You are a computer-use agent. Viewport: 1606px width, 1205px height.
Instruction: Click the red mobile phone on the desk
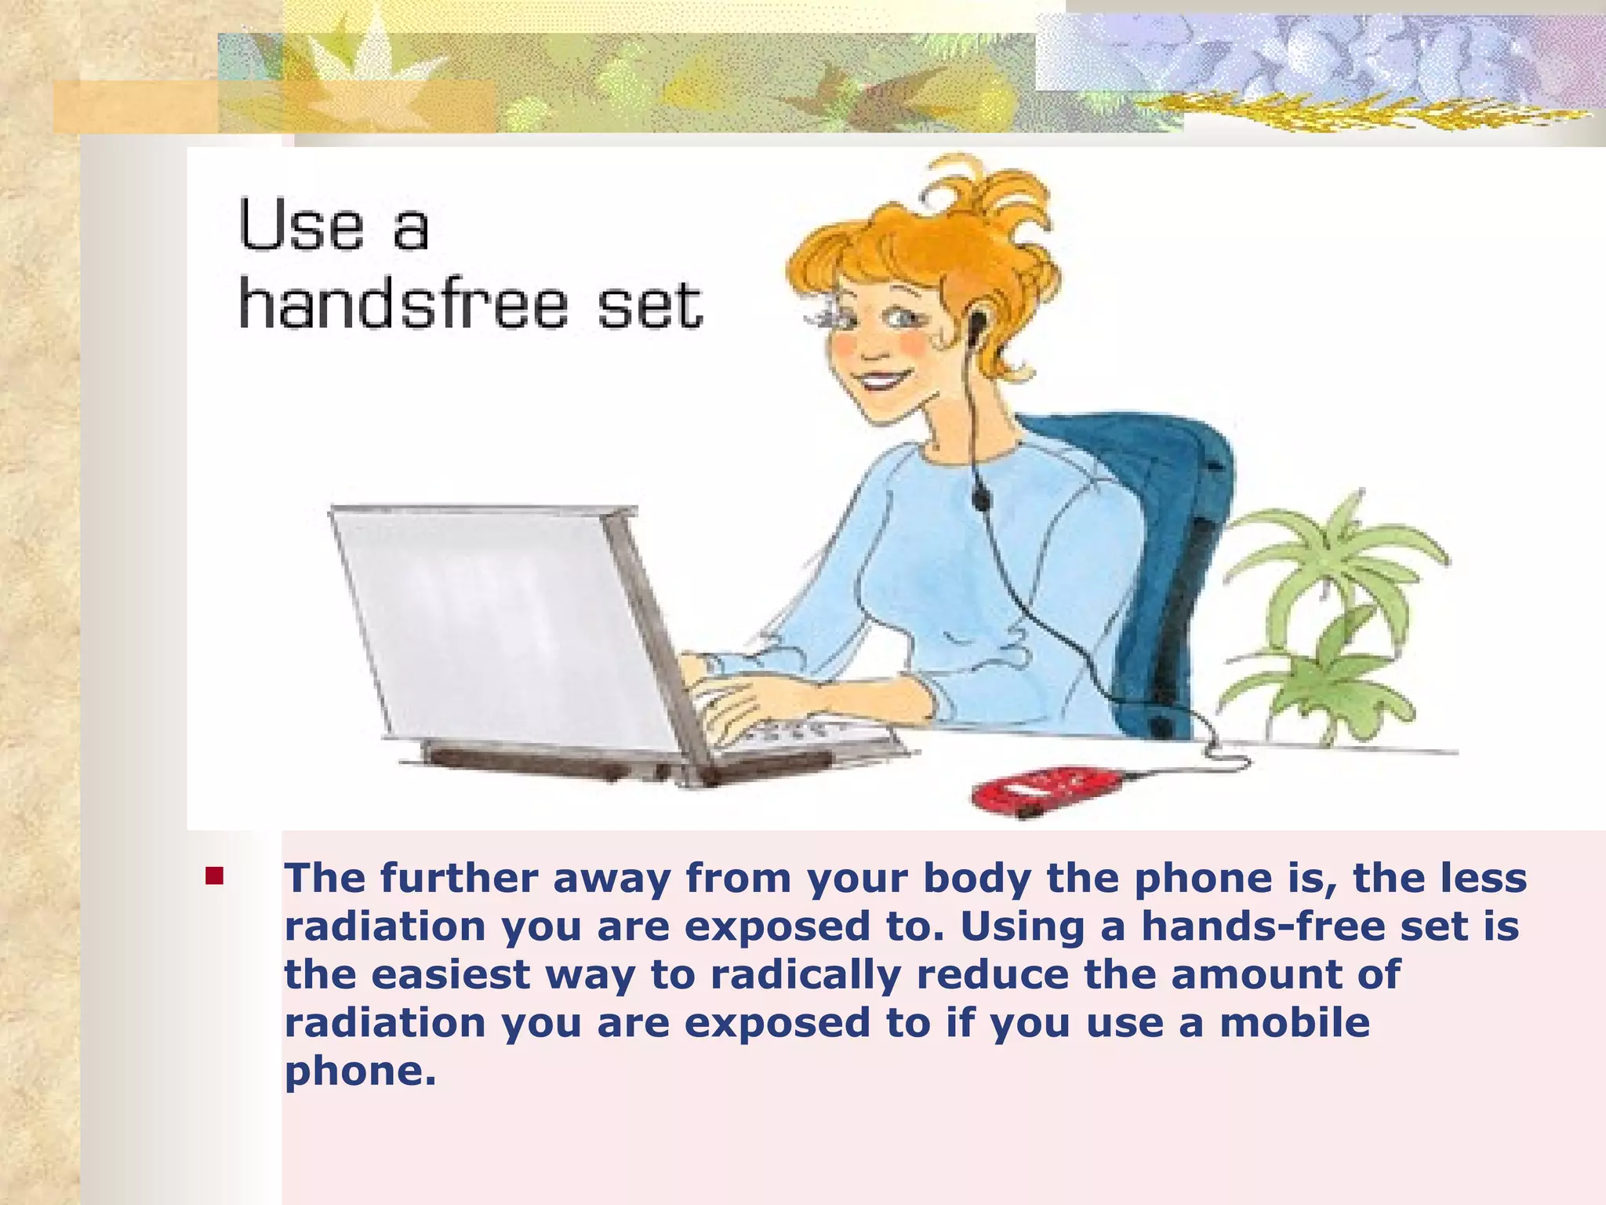click(x=1047, y=789)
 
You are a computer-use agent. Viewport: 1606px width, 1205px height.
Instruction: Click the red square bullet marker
click(x=214, y=876)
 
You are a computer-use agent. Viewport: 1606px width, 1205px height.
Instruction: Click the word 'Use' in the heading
click(x=301, y=226)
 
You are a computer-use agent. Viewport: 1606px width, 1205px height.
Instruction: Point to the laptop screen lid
click(x=502, y=620)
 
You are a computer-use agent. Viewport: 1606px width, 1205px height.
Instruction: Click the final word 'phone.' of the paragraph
click(x=360, y=1072)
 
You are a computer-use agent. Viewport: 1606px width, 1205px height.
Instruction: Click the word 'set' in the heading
click(x=649, y=305)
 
